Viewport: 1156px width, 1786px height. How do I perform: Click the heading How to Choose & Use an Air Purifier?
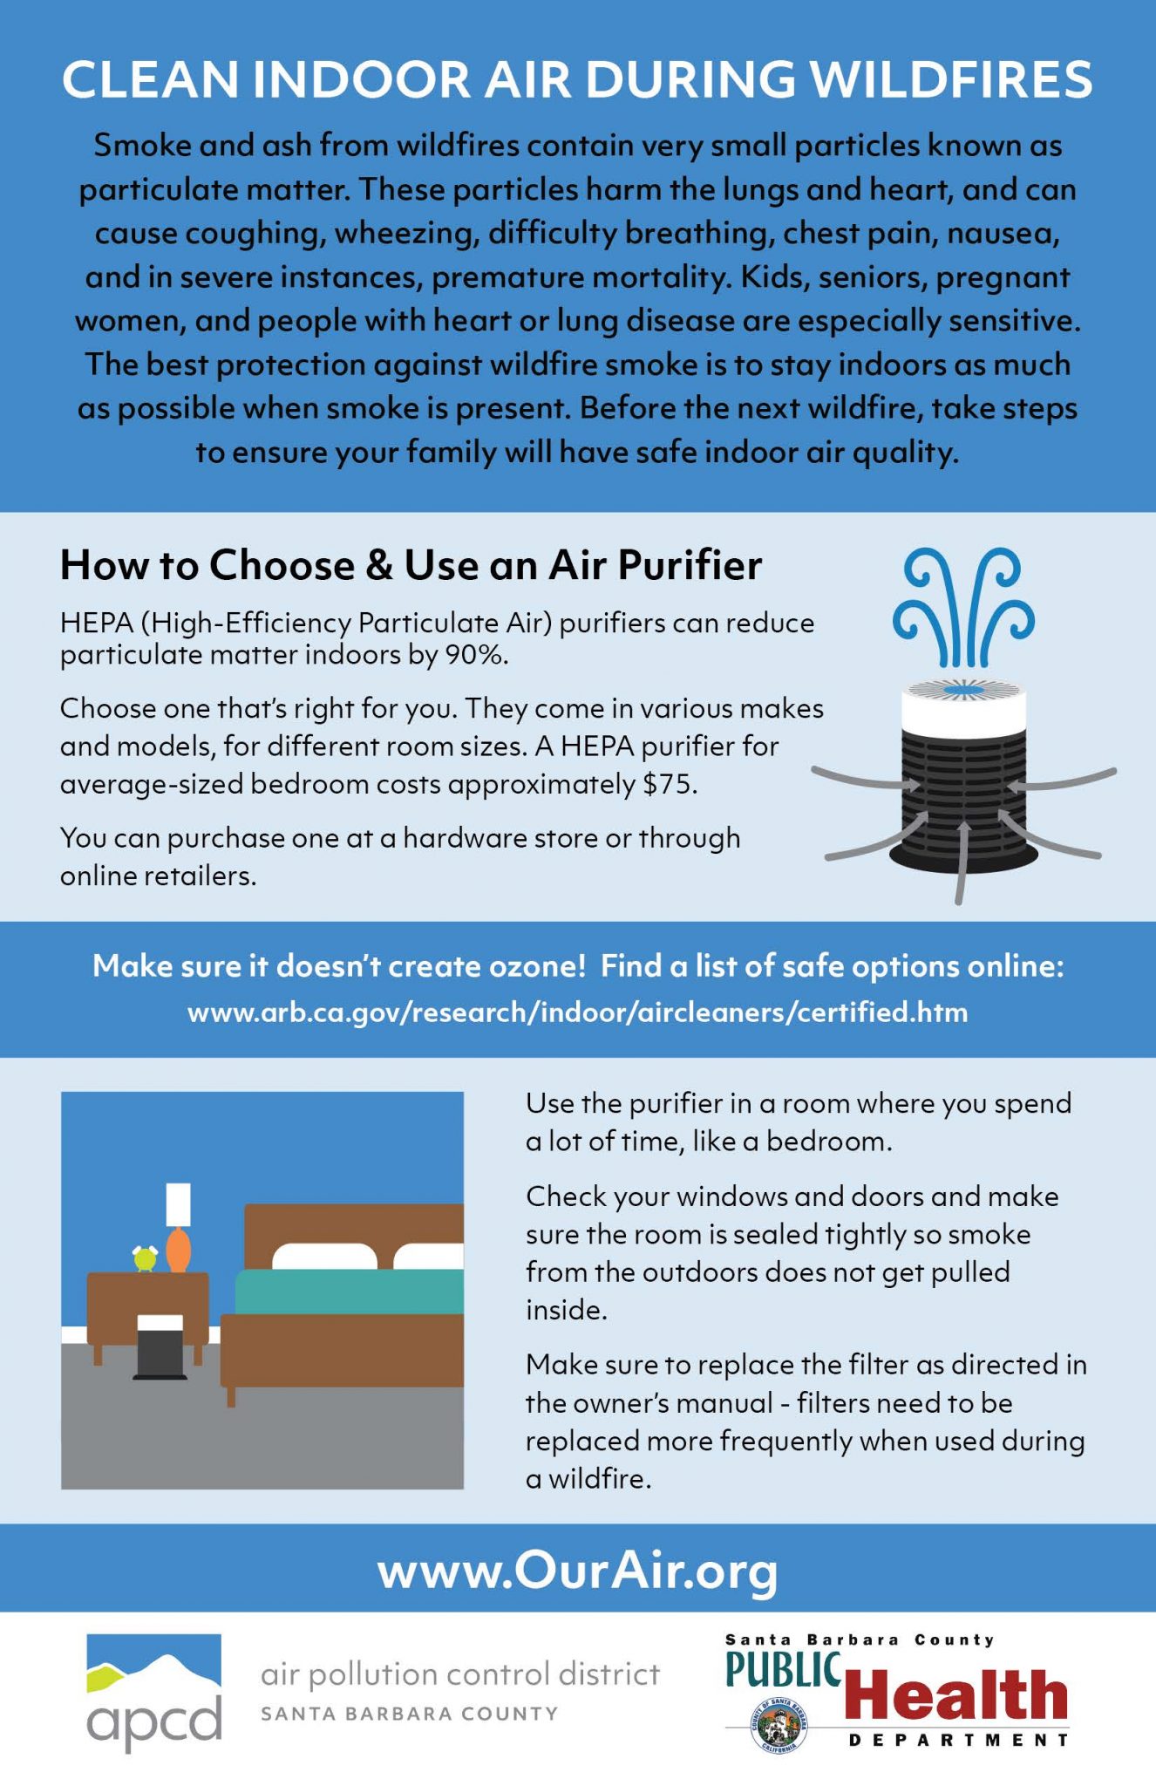click(411, 565)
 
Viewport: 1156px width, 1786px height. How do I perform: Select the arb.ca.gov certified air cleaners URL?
click(577, 1012)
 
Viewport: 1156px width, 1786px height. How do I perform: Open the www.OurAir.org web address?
click(577, 1571)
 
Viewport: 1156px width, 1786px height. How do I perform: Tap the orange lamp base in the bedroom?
click(178, 1249)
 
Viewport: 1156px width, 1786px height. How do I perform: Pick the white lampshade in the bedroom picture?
click(178, 1203)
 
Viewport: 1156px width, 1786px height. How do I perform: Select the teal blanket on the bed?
click(349, 1292)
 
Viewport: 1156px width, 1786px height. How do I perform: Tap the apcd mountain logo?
click(154, 1667)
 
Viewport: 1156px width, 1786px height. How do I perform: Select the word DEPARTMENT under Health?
click(958, 1741)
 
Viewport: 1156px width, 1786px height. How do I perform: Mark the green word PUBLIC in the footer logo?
click(783, 1669)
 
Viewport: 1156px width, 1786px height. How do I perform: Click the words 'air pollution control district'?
click(460, 1675)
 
